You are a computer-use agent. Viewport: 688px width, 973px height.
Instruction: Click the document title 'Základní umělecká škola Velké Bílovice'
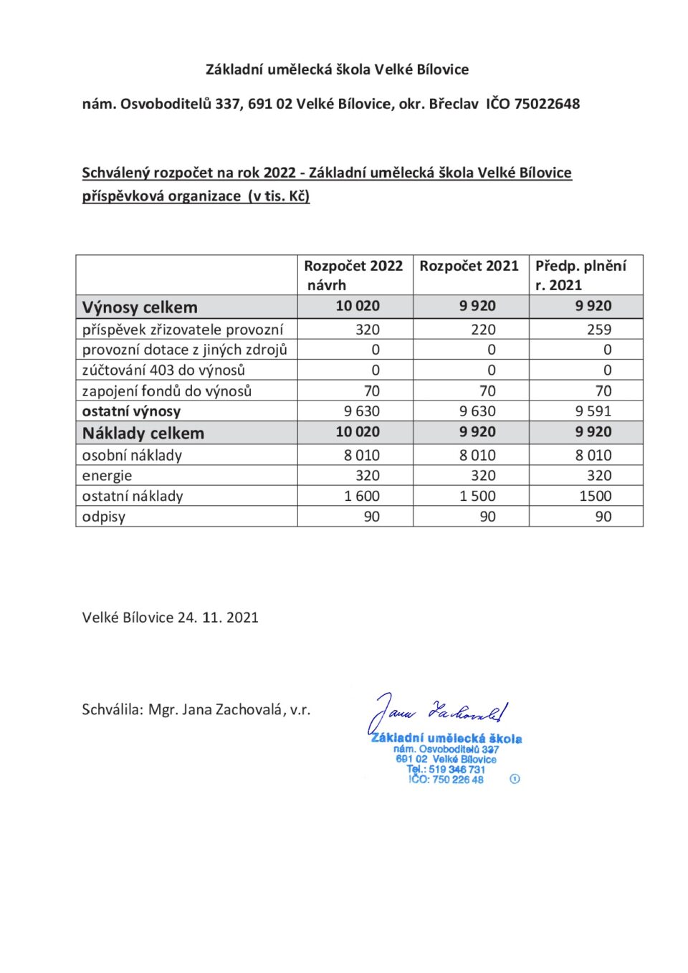click(x=337, y=69)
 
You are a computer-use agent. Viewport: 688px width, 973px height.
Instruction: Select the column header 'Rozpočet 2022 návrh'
click(x=353, y=275)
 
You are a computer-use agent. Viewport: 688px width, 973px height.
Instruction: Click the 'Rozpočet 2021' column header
click(x=469, y=267)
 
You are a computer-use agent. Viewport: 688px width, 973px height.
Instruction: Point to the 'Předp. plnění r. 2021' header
click(x=580, y=275)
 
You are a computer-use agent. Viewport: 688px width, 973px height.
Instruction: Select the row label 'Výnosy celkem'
click(x=140, y=307)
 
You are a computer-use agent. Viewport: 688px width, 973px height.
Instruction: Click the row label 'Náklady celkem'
click(x=143, y=433)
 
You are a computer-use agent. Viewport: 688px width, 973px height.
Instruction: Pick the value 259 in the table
click(x=598, y=330)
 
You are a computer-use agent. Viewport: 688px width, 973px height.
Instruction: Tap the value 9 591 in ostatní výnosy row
click(x=593, y=411)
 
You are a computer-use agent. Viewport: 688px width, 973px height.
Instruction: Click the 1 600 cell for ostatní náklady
click(x=362, y=496)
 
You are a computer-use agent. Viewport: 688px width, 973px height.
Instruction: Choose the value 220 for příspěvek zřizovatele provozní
click(x=483, y=330)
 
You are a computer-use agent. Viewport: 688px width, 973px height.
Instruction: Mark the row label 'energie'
click(x=107, y=476)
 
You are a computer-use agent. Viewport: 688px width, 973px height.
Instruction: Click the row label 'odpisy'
click(x=104, y=517)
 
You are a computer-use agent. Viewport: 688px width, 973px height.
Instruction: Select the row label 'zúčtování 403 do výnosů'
click(x=163, y=370)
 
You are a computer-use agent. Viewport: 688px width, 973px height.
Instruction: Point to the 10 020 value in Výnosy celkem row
click(x=358, y=306)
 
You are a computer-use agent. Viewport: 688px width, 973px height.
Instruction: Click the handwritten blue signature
click(x=437, y=711)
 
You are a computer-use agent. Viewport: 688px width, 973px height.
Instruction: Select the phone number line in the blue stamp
click(x=446, y=770)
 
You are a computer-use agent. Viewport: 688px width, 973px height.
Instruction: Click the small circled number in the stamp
click(x=515, y=779)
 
